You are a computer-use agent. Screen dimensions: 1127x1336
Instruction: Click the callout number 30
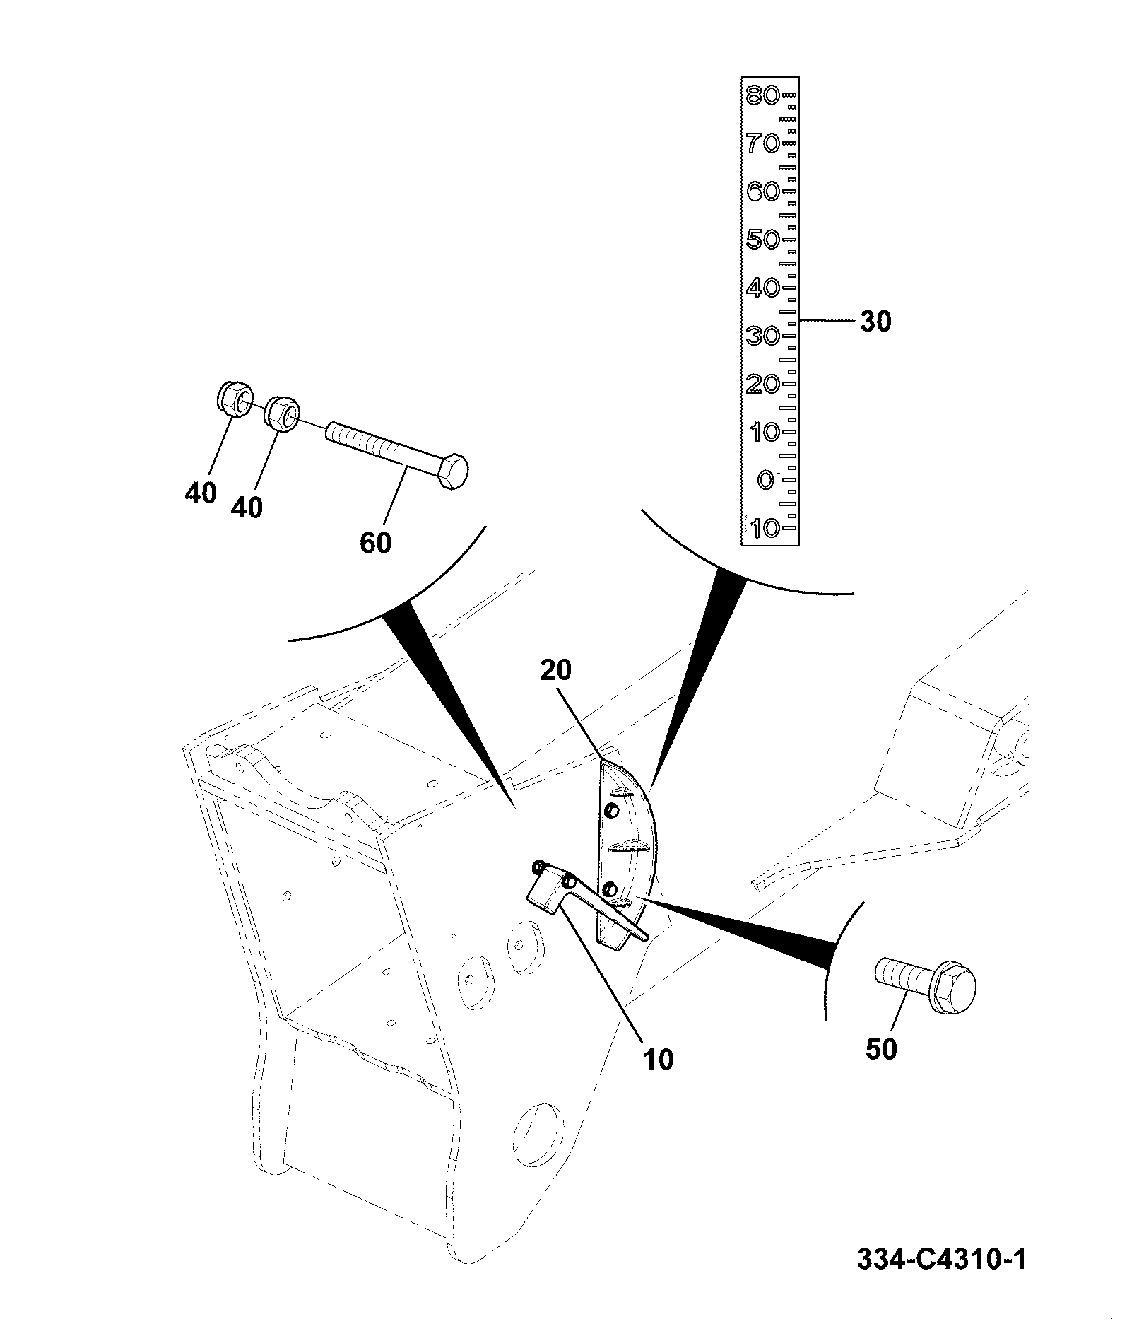pyautogui.click(x=876, y=322)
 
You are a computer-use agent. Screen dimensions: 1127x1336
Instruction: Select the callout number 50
pyautogui.click(x=881, y=1049)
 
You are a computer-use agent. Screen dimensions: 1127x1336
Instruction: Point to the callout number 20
pyautogui.click(x=555, y=670)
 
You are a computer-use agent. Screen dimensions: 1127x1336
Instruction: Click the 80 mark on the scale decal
pyautogui.click(x=762, y=95)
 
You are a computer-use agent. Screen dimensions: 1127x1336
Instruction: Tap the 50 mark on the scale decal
pyautogui.click(x=762, y=239)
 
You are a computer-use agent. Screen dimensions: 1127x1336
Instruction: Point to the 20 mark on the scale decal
pyautogui.click(x=762, y=384)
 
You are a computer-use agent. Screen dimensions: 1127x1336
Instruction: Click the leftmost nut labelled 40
pyautogui.click(x=233, y=400)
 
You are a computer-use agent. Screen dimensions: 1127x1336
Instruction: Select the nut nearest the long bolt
pyautogui.click(x=282, y=412)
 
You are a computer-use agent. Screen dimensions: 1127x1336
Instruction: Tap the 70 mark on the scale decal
pyautogui.click(x=762, y=143)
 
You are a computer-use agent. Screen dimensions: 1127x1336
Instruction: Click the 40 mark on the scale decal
pyautogui.click(x=762, y=288)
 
